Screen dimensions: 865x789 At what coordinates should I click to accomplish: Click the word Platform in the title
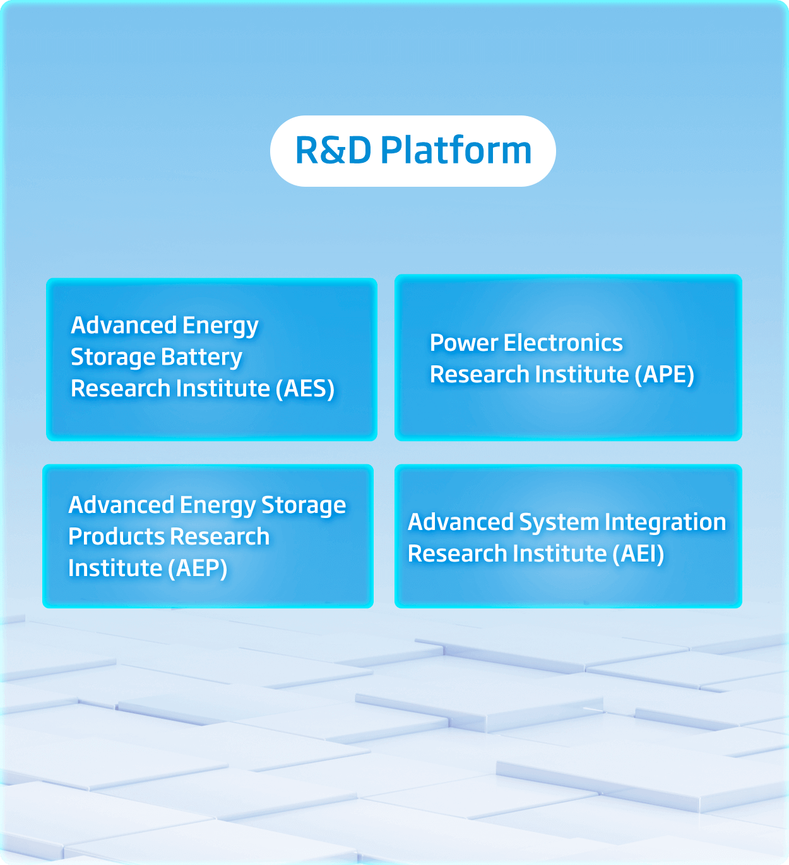click(456, 151)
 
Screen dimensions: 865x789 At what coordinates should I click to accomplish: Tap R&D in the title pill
click(333, 151)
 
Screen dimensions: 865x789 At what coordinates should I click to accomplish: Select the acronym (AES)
click(306, 389)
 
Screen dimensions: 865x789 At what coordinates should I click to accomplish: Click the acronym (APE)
click(665, 375)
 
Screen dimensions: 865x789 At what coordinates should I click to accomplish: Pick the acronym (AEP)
click(198, 568)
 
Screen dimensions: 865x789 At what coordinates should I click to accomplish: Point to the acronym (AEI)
click(638, 554)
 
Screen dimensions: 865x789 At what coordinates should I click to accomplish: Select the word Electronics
click(563, 343)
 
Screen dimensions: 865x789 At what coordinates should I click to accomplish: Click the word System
click(559, 522)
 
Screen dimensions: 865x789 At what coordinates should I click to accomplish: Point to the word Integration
click(665, 522)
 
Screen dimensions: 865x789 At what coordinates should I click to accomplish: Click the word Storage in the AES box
click(104, 358)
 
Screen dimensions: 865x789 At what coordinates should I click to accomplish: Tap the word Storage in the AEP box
click(304, 505)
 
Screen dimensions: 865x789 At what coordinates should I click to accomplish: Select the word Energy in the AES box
click(221, 326)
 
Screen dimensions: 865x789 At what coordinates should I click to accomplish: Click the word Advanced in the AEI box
click(461, 522)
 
